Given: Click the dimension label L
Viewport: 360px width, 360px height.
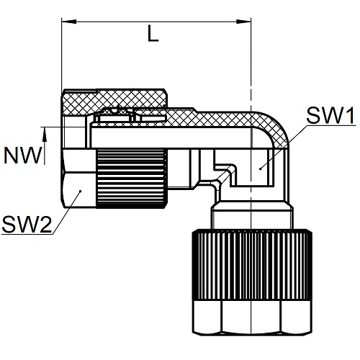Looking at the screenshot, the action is coord(153,33).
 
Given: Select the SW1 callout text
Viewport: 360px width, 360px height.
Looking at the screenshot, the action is coord(330,116).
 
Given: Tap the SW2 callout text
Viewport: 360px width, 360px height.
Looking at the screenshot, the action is coord(27,225).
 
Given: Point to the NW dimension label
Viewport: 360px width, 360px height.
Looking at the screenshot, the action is coord(23,156).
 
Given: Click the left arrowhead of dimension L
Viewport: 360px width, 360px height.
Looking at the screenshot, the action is coord(69,22).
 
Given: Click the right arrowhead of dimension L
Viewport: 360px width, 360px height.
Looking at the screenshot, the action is coord(243,22).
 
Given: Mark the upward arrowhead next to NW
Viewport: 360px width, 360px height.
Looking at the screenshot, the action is coord(44,134).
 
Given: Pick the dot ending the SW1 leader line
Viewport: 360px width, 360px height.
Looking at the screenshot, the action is coord(261,169).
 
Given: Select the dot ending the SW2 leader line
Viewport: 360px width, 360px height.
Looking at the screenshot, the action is coord(81,191).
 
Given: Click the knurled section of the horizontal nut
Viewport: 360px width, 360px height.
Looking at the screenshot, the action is coord(132,178).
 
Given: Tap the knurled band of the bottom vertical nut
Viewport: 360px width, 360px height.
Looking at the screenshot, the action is coord(252,265).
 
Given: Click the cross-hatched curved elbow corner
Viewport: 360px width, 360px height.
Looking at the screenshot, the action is coord(274,130).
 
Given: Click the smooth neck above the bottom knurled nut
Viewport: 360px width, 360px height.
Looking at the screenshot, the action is coord(252,216).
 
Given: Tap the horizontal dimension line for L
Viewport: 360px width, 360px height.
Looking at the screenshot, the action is coord(156,22).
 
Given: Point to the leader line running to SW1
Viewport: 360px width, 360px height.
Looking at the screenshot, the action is coord(284,147).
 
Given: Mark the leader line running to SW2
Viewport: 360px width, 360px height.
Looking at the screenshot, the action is coord(66,212).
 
